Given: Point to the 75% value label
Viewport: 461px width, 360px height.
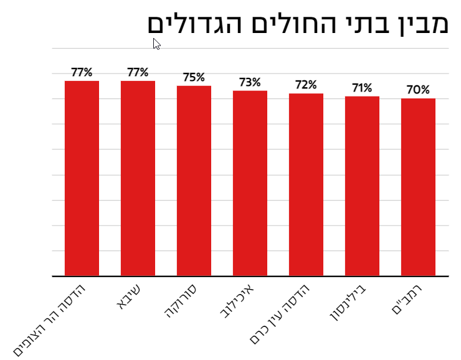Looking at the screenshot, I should point(194,77).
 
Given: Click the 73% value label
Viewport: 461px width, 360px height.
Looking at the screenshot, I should point(250,82).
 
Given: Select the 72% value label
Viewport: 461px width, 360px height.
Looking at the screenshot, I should point(306,85).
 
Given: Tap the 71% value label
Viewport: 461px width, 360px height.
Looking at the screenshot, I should point(362,88).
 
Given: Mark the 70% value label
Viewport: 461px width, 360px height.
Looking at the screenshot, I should point(418,90).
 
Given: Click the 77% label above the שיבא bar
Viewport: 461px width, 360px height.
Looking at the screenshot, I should point(138,72).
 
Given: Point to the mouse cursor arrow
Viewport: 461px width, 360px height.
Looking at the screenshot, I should point(156,44).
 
